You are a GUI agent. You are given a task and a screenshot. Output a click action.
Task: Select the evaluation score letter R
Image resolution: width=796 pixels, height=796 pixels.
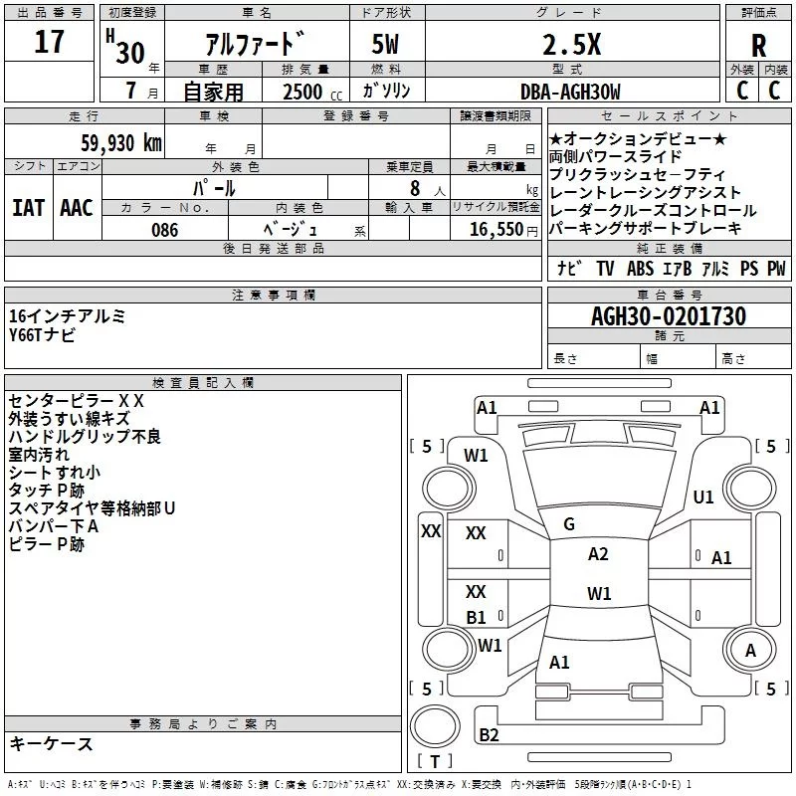point(758,46)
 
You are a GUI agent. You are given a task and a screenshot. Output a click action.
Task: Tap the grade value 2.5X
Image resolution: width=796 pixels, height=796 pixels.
point(570,45)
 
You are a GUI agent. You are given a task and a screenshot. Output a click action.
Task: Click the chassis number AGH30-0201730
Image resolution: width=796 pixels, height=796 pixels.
point(668,317)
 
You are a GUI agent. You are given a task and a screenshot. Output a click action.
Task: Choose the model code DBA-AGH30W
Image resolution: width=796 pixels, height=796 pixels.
point(570,92)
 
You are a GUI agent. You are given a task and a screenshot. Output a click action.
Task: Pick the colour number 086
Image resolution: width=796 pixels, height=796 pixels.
point(165,230)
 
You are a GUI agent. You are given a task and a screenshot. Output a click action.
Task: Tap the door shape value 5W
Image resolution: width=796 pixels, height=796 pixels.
point(387,45)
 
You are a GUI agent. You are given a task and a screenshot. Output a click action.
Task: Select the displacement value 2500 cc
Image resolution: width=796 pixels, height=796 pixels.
point(303,92)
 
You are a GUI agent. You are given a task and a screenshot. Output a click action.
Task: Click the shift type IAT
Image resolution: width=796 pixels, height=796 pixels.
point(28,208)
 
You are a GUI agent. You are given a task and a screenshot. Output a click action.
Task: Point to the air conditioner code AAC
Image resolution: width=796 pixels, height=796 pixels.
point(76,208)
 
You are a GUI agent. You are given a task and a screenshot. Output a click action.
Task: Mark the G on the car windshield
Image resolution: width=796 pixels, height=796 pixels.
point(569,524)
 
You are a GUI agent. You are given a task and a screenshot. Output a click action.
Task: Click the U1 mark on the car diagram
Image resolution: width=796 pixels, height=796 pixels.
point(703,497)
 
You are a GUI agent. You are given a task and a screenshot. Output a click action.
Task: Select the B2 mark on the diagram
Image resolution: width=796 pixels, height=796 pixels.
point(489,735)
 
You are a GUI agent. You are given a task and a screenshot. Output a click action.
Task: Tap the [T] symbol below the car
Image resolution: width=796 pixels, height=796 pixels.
point(434,762)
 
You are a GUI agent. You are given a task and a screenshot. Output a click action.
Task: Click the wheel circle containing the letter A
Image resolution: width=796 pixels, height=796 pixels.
point(751,652)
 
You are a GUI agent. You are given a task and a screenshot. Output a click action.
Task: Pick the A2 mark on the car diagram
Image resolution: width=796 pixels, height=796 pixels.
point(598,554)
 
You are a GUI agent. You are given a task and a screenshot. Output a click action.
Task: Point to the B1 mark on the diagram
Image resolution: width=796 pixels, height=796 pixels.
point(477,617)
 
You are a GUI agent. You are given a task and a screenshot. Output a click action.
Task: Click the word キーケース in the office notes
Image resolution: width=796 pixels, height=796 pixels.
point(52,743)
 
